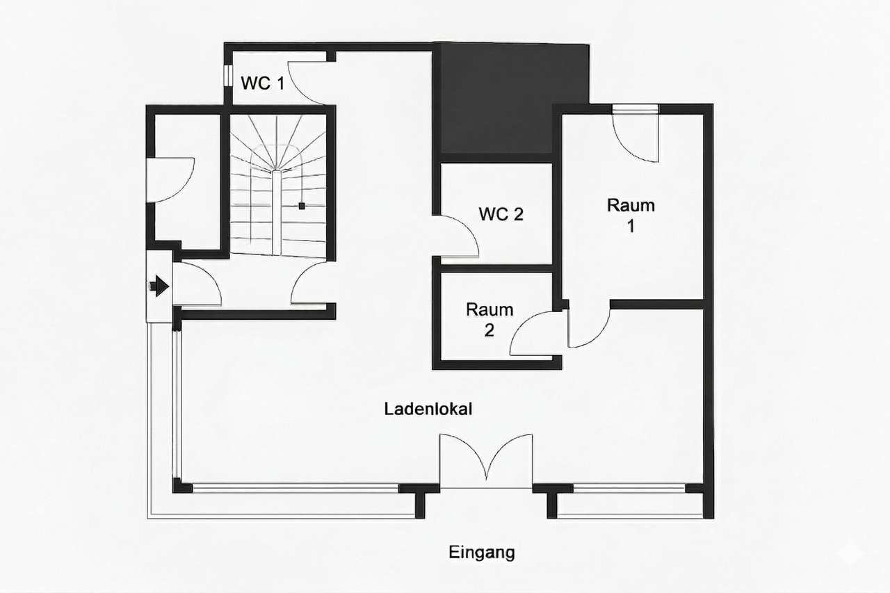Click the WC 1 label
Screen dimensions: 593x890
pos(262,83)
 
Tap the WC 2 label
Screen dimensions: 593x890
pos(501,214)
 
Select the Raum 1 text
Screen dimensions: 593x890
pos(631,216)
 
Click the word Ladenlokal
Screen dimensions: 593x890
pos(428,409)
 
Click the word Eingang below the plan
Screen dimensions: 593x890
pos(482,553)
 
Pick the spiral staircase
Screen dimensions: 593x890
pos(278,184)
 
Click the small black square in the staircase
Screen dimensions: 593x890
pos(302,206)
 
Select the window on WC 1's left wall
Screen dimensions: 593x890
pos(227,76)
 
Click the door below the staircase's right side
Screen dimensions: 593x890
pos(309,285)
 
